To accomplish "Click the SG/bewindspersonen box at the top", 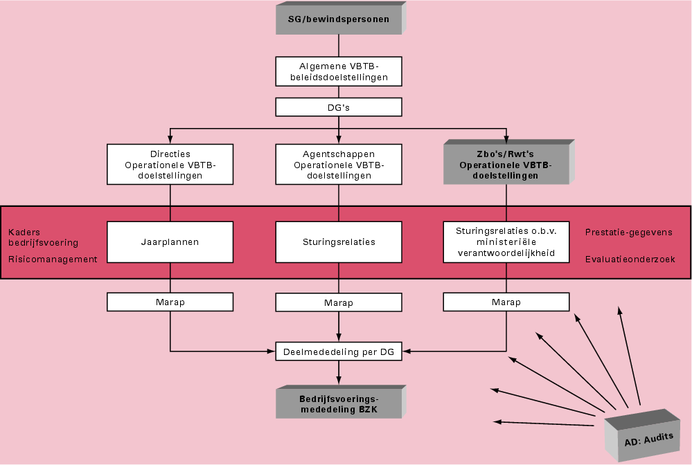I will pos(338,19).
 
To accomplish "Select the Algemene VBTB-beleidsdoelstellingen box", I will pos(338,71).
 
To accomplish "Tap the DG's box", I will pos(338,107).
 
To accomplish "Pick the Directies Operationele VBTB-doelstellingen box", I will pos(170,165).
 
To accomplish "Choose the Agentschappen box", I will pos(338,165).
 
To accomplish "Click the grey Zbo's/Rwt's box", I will pos(506,165).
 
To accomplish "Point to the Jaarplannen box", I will pos(170,242).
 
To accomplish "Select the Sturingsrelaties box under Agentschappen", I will pos(338,242).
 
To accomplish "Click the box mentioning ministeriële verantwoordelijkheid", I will pos(506,242).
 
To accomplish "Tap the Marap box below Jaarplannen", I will pos(170,302).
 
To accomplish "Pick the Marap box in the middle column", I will pos(338,302).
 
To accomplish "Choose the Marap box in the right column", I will pos(506,302).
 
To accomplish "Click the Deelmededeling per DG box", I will pos(338,352).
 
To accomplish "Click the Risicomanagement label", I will pos(53,259).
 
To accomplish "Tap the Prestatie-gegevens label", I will pos(628,232).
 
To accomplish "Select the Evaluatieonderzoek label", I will pos(630,259).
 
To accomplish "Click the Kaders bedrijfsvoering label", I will pos(43,237).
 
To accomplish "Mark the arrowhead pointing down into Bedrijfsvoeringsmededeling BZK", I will pos(338,381).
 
